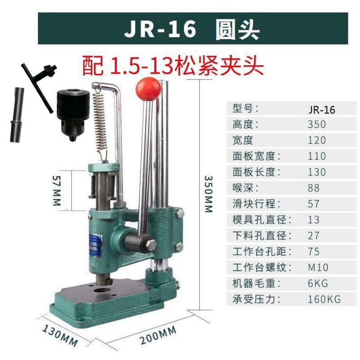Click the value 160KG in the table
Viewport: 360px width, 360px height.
tap(324, 299)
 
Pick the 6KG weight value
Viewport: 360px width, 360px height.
tap(318, 283)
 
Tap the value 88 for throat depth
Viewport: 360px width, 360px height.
tap(314, 188)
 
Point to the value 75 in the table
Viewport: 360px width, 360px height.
tap(314, 251)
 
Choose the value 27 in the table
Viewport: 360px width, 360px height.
tap(314, 235)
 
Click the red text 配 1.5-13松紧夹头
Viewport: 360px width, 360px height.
tap(172, 66)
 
